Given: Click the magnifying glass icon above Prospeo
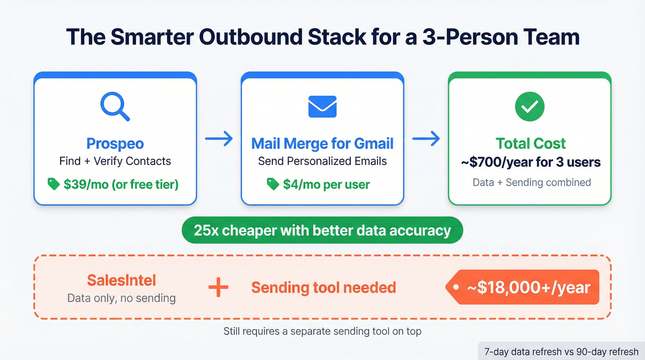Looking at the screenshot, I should coord(115,106).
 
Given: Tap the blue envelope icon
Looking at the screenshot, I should coord(322,106).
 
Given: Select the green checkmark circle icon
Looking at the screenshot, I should coord(529,106).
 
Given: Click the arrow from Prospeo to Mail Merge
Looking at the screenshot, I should coord(219,139).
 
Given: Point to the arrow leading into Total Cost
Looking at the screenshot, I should coord(426,139).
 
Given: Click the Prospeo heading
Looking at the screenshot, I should coord(115,143).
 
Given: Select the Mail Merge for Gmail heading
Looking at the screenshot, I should coord(322,143).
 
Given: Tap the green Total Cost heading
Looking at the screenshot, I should coord(530,143).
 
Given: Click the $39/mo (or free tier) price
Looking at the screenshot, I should coord(121,184).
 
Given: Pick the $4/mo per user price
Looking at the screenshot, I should coord(326,185).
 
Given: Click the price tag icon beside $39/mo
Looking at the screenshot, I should coord(54,184).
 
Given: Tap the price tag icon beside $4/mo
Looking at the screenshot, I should coord(273,184).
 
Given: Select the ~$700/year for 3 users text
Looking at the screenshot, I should coord(530,163).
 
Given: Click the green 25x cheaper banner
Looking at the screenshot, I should coord(322,230).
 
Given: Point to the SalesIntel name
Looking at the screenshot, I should coord(122,280).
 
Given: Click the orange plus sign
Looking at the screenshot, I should coord(218,288).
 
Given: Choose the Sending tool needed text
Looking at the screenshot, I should coord(323,288).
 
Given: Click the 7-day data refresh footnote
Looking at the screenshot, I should coord(561,352).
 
